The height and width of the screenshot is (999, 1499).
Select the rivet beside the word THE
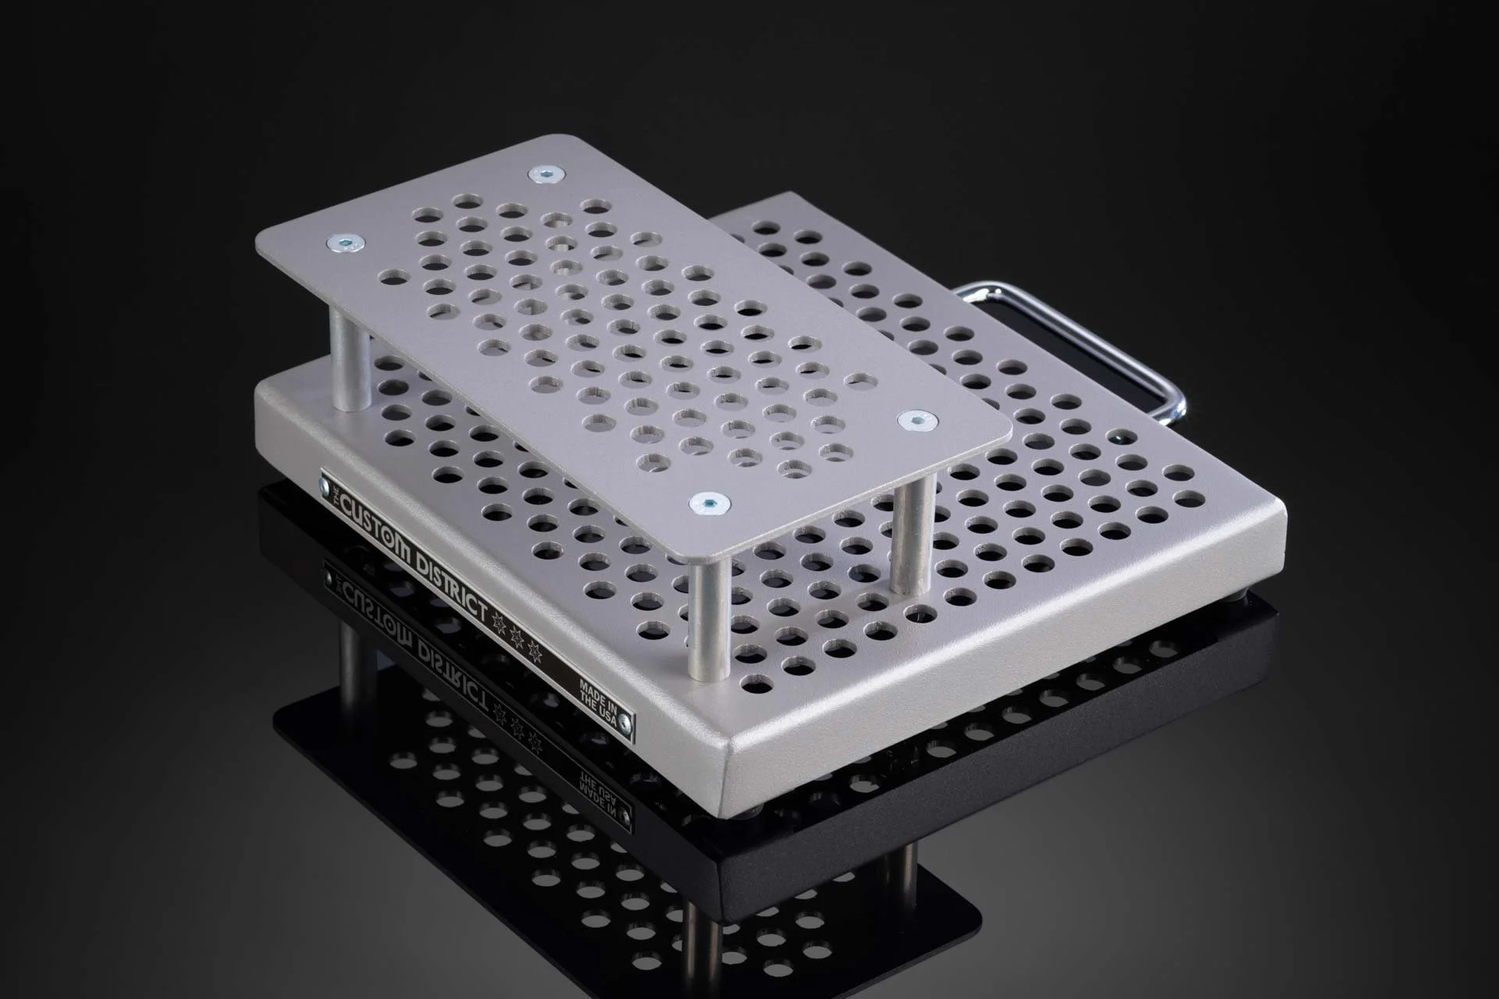tap(325, 489)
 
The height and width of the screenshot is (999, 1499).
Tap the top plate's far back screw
tap(545, 175)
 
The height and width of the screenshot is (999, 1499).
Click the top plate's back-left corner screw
tap(344, 244)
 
